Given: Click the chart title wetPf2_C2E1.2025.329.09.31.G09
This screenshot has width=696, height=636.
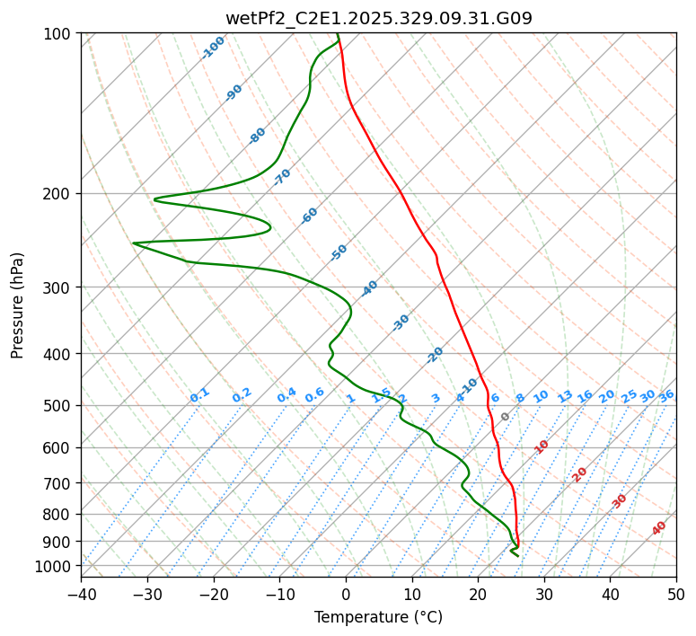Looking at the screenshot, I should coord(378,18).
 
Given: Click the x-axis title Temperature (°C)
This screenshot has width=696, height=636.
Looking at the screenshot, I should coord(378,617).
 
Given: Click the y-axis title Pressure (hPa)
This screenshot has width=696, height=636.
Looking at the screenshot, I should coord(18,305).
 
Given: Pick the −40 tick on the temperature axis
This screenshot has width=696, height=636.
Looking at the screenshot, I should coord(81,594).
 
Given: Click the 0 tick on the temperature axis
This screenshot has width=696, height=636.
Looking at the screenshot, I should coord(346,594).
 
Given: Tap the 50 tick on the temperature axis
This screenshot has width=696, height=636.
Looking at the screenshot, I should coord(676,594).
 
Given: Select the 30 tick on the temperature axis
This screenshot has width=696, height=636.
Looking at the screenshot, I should coord(544,594).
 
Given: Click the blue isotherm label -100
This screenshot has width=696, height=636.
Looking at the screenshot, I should coord(213,48).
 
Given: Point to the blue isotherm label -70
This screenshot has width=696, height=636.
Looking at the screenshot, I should coord(282,177).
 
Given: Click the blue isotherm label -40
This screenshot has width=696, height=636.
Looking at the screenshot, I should coord(369,288).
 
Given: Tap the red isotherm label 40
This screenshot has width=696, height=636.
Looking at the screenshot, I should coord(659,528).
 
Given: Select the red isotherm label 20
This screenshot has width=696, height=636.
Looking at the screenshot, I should coord(580,473).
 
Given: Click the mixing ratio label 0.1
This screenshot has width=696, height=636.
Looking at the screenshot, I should coord(199,394).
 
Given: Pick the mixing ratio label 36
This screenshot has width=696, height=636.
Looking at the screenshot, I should coord(666,395).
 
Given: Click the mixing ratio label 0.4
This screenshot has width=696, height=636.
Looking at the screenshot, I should coord(286,395).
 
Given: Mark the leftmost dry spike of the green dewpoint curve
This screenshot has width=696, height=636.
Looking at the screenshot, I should coord(134,243).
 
